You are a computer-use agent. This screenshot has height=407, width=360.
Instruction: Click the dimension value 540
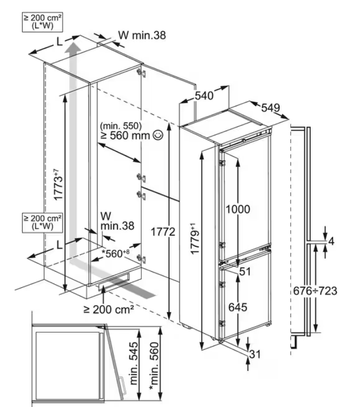[x=204, y=95]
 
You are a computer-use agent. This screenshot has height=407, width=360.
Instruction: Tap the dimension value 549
[x=271, y=108]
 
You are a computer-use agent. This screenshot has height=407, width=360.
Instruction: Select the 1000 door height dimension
[x=238, y=209]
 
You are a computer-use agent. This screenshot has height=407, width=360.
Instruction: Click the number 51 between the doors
[x=246, y=272]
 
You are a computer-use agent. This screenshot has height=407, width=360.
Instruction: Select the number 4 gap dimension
[x=331, y=241]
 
